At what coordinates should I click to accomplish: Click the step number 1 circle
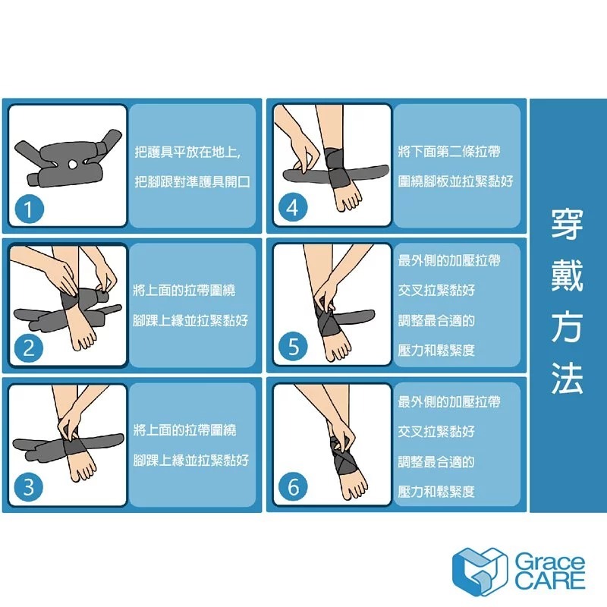point(29,209)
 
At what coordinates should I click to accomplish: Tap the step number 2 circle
point(29,348)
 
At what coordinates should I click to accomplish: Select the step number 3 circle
point(29,487)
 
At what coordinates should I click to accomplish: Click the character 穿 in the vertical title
point(567,225)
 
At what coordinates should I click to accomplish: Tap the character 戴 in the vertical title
point(567,277)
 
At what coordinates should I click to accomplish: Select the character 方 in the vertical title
point(567,329)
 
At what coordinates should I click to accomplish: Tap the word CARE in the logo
point(550,582)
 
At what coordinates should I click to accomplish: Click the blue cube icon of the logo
point(478,571)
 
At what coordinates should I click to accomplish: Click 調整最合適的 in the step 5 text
point(436,321)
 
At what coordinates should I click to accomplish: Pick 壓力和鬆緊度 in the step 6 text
point(436,492)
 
